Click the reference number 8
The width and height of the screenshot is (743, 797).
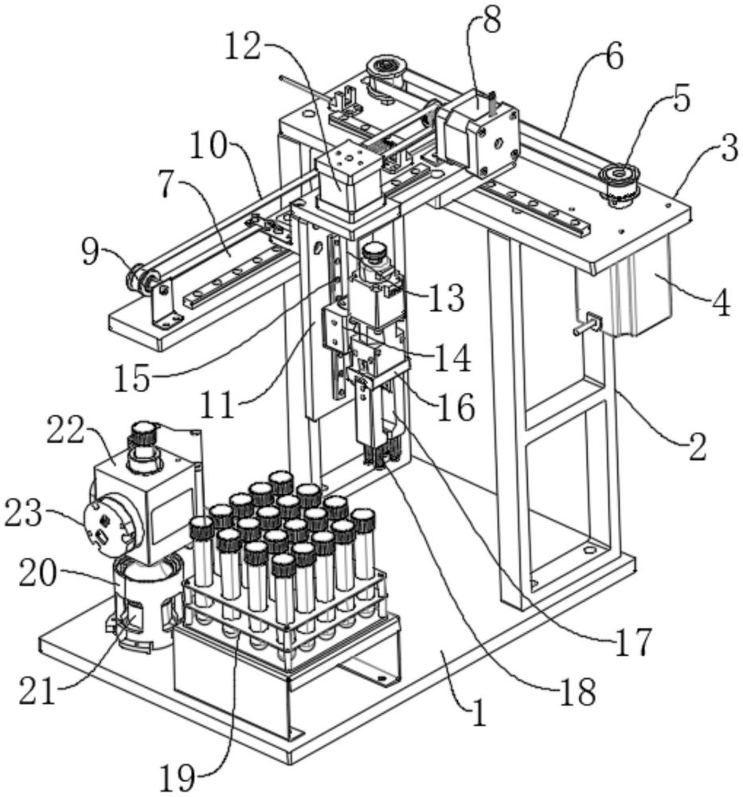click(491, 22)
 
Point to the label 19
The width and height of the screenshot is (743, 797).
click(178, 776)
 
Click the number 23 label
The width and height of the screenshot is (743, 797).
click(23, 513)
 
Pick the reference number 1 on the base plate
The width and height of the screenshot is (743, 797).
click(478, 712)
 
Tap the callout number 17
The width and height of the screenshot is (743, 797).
click(633, 642)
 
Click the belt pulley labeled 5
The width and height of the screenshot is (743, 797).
click(620, 183)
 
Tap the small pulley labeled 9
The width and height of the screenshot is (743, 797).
click(143, 278)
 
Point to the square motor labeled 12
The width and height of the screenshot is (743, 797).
click(350, 180)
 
